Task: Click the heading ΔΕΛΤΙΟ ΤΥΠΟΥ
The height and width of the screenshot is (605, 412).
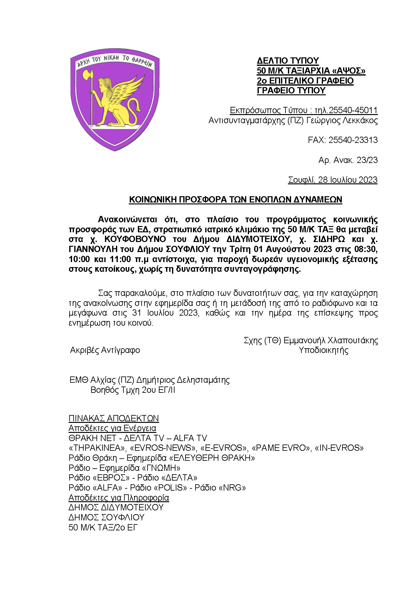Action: click(x=288, y=60)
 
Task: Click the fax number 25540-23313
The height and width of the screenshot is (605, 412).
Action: click(x=353, y=140)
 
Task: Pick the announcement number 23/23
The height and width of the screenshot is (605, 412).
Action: click(x=367, y=160)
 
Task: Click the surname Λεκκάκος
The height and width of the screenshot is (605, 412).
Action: click(x=359, y=120)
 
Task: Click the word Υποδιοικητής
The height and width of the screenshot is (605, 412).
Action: click(x=323, y=350)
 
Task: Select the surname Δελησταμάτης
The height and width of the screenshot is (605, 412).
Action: click(x=203, y=380)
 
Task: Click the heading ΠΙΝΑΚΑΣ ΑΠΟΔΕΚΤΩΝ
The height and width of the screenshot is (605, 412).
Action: click(x=114, y=418)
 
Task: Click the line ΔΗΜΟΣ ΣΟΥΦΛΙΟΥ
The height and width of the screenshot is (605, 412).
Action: click(x=107, y=517)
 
